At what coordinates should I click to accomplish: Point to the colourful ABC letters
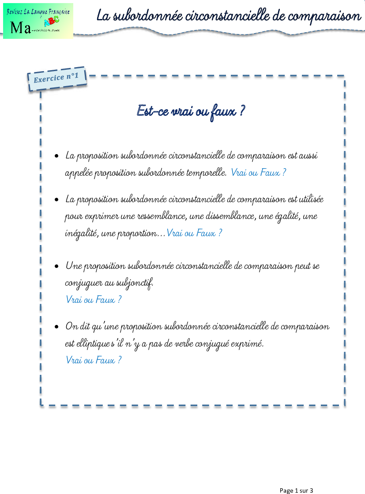pos(52,21)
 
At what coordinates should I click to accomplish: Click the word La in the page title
pos(103,16)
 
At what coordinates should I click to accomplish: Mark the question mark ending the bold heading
pos(242,110)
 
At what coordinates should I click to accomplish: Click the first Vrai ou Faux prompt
pos(258,172)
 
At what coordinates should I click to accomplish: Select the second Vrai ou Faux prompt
pos(194,233)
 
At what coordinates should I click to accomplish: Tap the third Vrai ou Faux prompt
pos(93,299)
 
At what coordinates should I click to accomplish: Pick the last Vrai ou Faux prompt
pos(93,360)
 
